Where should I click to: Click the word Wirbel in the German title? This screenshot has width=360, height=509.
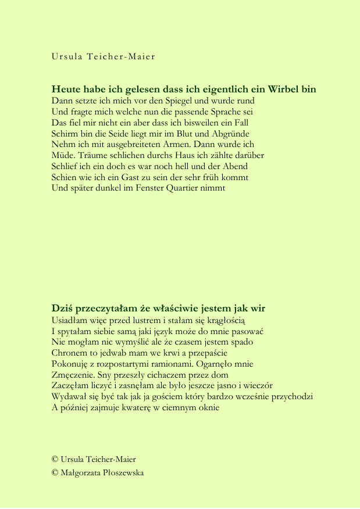[283, 89]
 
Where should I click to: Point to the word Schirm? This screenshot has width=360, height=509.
[65, 133]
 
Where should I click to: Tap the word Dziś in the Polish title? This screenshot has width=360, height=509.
[62, 309]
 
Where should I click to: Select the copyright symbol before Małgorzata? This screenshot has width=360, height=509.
[55, 472]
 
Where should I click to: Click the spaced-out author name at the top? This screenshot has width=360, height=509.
[104, 57]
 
